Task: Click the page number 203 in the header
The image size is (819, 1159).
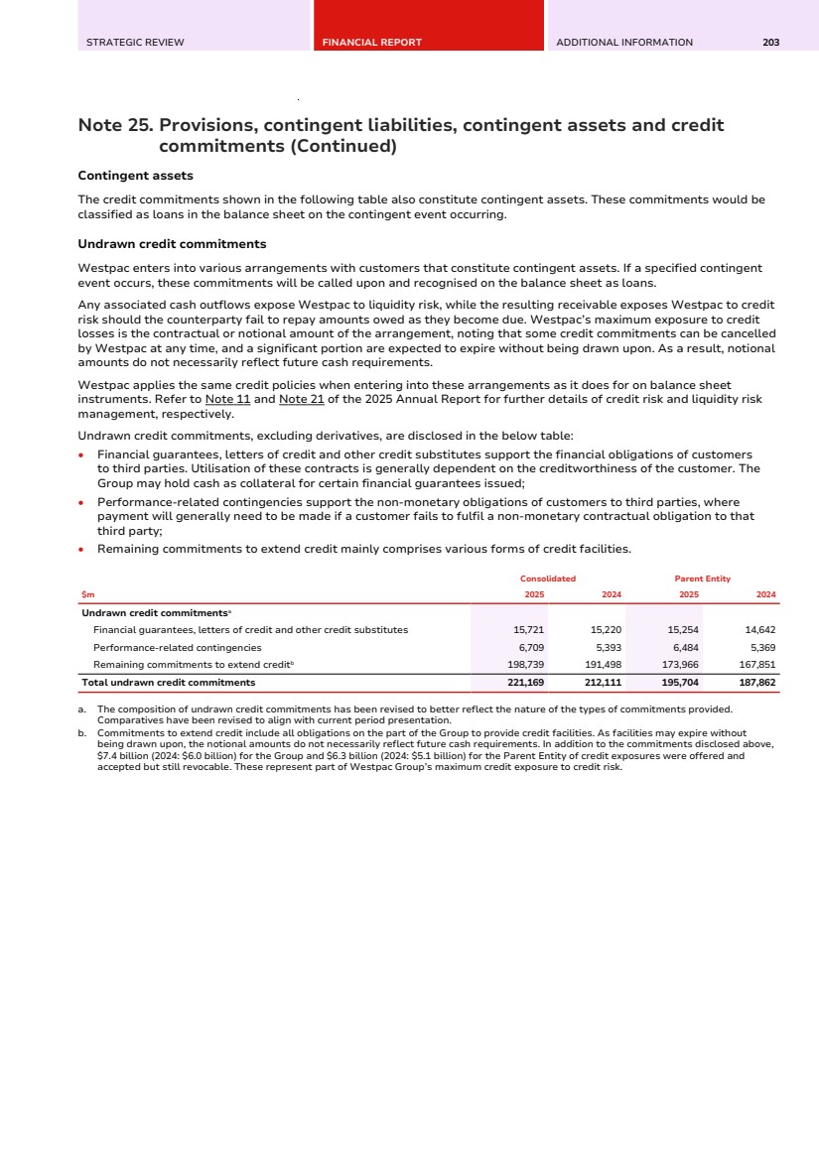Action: point(770,43)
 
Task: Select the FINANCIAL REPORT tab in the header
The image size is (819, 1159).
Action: point(372,43)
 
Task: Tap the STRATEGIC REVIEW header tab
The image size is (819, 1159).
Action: point(135,43)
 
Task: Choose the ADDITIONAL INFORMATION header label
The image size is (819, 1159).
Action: point(624,43)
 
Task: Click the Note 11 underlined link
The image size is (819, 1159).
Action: point(227,399)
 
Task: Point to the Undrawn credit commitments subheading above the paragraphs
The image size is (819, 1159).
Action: point(172,244)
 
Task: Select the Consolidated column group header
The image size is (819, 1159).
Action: point(548,579)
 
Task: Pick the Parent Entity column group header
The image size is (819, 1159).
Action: point(703,579)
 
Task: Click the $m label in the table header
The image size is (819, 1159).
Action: point(87,594)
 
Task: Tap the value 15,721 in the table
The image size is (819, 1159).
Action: point(528,630)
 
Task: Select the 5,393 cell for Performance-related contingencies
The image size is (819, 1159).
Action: point(606,647)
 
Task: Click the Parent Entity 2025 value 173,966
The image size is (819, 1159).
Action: point(679,664)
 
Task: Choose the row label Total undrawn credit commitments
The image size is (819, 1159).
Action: point(168,683)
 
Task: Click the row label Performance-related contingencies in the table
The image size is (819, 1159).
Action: point(177,647)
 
